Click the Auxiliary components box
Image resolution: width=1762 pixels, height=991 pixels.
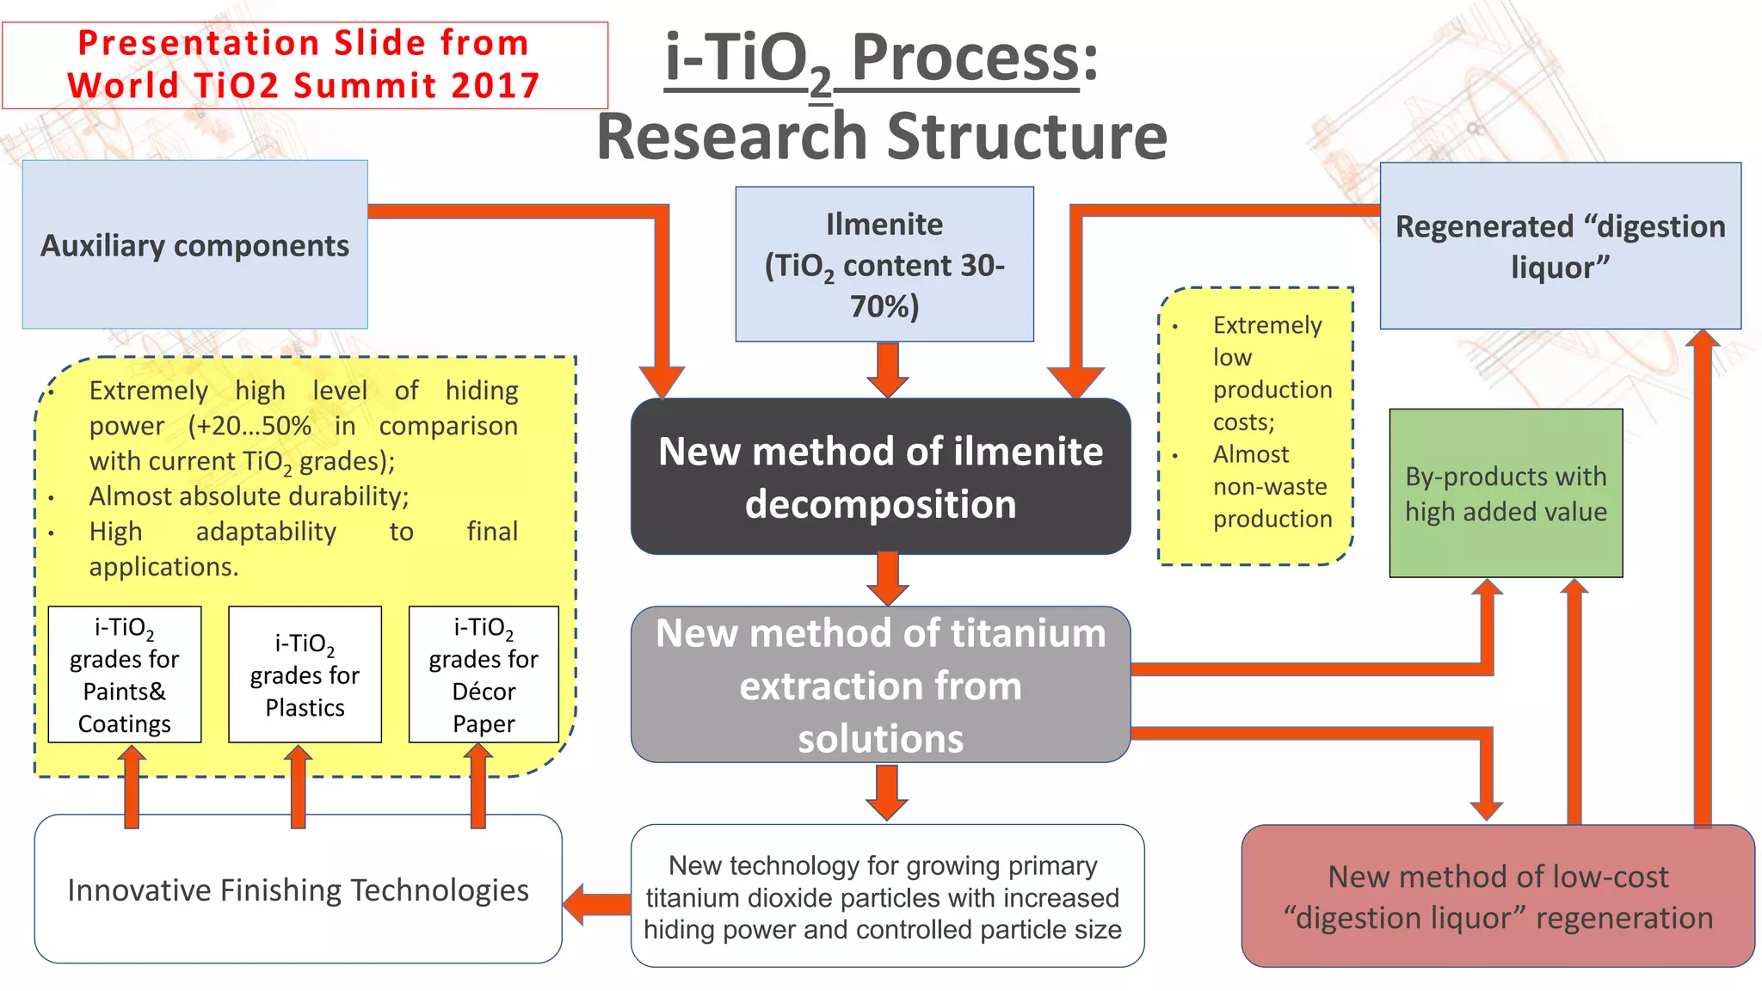point(194,245)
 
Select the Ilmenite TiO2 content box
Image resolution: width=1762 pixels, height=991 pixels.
point(884,264)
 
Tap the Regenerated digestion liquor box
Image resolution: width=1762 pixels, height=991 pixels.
point(1560,246)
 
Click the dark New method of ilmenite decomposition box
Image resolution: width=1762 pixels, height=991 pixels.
point(880,477)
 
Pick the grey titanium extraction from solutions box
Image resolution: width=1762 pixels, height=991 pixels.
point(880,685)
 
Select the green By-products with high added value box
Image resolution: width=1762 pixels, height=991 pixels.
point(1506,493)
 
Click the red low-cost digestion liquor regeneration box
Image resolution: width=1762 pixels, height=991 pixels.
point(1497,896)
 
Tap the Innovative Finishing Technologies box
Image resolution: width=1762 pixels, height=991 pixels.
point(298,889)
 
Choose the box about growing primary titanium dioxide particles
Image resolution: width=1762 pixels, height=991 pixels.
point(886,896)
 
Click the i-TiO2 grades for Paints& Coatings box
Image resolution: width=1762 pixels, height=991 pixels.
point(125,674)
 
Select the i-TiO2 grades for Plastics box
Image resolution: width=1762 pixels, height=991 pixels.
point(305,674)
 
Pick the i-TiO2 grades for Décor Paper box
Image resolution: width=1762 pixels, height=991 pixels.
point(484,674)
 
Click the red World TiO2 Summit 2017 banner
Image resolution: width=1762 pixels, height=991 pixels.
point(305,65)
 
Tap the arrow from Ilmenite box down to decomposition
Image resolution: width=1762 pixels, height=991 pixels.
point(888,369)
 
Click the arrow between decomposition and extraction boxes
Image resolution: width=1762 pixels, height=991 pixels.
point(888,579)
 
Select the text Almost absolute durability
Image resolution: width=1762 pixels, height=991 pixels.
point(249,496)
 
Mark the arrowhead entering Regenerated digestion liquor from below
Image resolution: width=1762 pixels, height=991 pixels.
point(1702,339)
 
